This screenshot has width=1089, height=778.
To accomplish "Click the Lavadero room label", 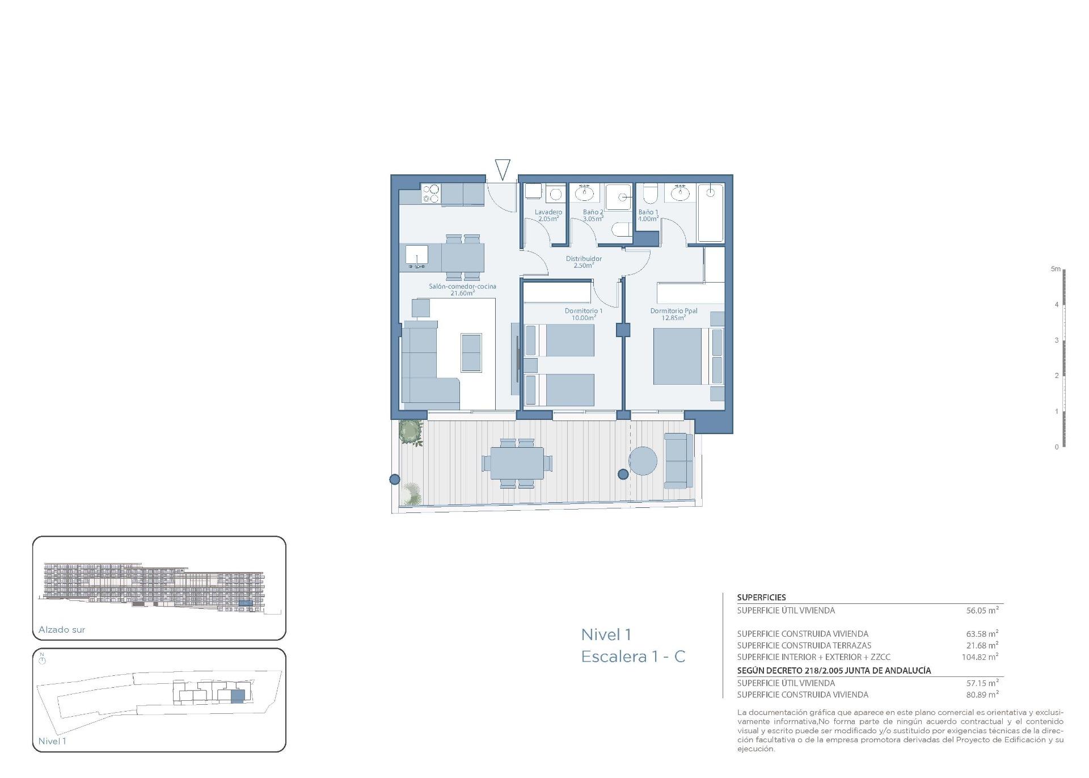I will [548, 212].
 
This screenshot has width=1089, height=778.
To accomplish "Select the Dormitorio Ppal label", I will [674, 311].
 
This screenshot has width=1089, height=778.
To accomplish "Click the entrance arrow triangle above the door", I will [503, 169].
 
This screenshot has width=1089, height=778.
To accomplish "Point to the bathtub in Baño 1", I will [710, 213].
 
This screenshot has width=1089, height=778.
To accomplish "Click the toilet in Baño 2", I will [622, 230].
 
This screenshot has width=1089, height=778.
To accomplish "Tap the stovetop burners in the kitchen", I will [430, 194].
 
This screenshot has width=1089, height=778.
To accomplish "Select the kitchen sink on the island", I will [417, 256].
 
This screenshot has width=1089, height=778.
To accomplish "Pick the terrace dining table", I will [517, 463].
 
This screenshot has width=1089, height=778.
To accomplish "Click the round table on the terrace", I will [643, 461].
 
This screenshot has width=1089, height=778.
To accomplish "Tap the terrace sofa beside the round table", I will [678, 460].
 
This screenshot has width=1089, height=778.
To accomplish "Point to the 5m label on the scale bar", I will [1055, 269].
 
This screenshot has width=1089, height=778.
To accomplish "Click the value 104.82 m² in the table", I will [980, 657].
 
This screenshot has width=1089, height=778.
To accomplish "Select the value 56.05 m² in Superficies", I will [982, 611].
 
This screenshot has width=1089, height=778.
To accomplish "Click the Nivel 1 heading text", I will [606, 634].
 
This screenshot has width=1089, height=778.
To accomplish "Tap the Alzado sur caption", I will [62, 629].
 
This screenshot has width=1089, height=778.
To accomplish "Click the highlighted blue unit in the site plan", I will [238, 696].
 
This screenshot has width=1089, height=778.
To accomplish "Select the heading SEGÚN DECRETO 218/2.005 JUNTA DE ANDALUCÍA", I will [834, 670].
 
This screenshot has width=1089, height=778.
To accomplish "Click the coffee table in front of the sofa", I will [471, 352].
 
